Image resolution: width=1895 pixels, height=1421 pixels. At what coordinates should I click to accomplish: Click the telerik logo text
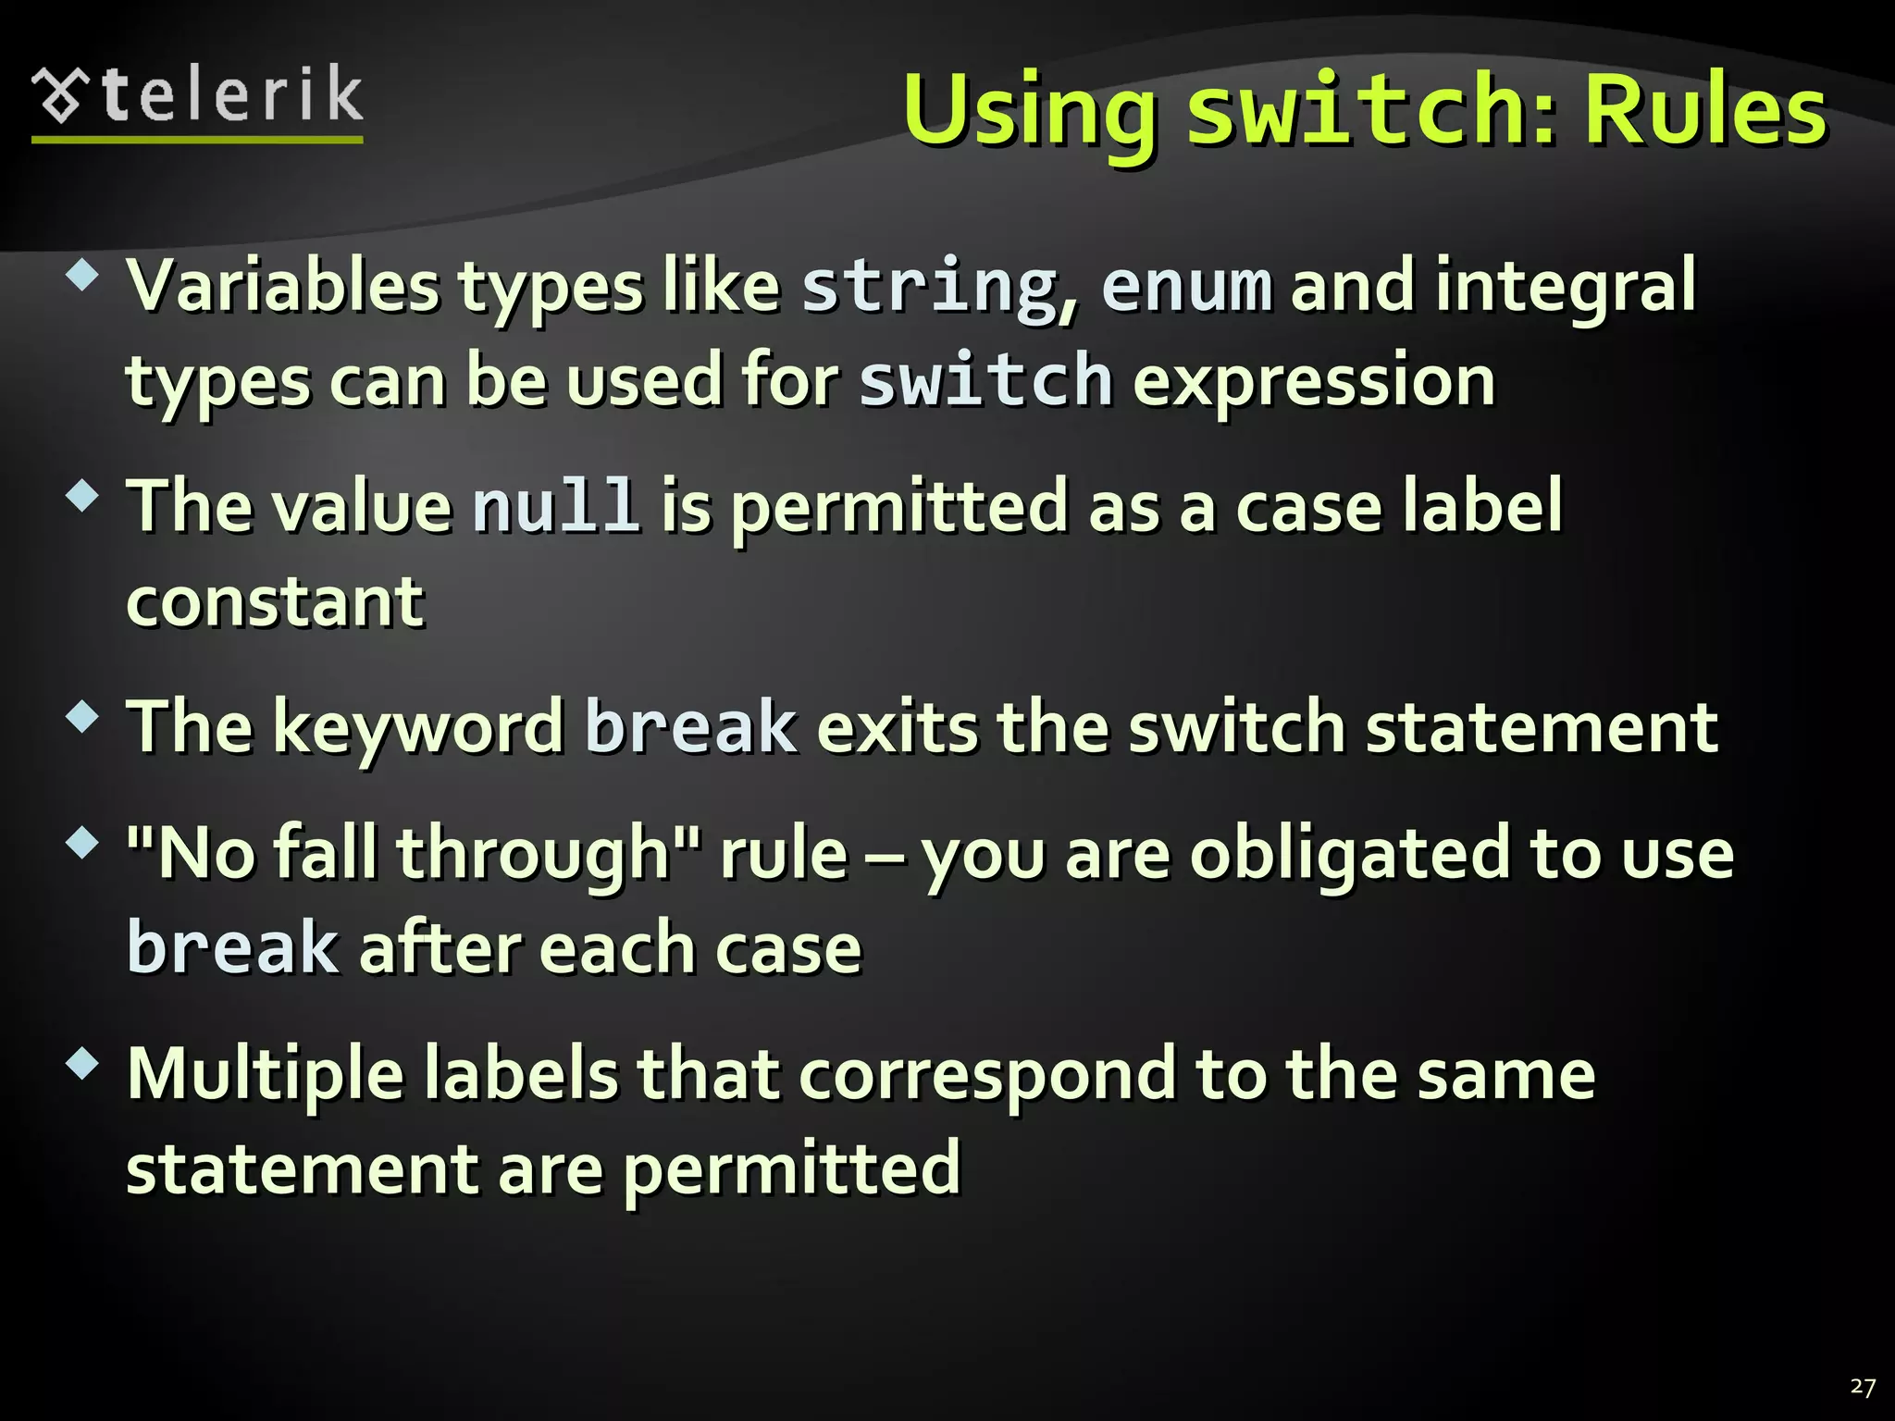(x=231, y=96)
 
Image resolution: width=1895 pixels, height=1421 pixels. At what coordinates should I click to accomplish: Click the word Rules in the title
(x=1704, y=111)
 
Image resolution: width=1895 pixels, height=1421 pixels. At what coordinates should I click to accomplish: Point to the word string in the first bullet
(x=929, y=288)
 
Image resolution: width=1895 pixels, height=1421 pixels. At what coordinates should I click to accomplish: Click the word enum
(x=1186, y=288)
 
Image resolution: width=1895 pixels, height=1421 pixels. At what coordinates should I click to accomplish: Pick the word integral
(x=1566, y=288)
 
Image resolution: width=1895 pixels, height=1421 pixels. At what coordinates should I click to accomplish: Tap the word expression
(x=1314, y=382)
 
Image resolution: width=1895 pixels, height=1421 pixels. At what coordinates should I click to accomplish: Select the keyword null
(x=555, y=507)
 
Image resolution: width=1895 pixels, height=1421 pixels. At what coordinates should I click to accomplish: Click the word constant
(x=275, y=602)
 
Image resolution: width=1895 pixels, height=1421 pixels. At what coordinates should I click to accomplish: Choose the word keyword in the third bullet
(x=418, y=728)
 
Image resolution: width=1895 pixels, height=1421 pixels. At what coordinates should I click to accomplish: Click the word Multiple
(x=266, y=1076)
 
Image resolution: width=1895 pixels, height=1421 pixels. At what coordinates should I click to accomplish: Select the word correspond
(x=986, y=1076)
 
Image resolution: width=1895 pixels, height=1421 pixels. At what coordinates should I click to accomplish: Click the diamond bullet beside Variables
(x=82, y=275)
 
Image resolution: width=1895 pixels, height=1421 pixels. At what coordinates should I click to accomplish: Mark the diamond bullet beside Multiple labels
(x=82, y=1063)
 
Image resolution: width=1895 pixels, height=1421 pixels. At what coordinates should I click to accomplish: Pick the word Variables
(x=282, y=288)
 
